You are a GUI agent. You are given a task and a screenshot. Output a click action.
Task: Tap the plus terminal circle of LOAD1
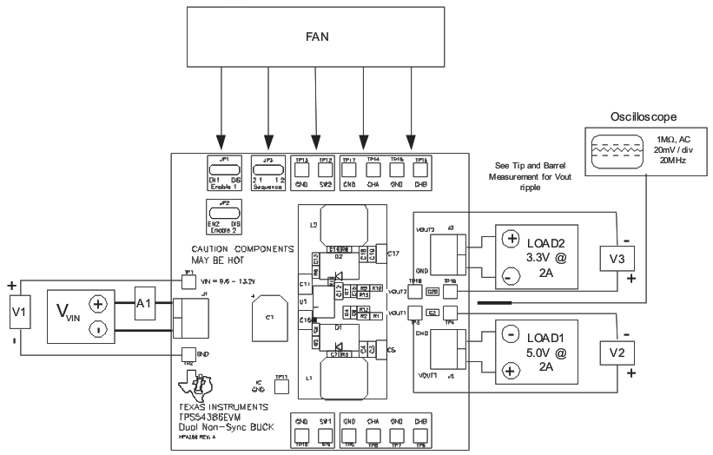tap(512, 371)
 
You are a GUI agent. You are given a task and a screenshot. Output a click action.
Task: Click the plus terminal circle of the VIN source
tap(98, 304)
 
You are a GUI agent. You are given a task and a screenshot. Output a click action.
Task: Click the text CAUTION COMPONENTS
tap(242, 249)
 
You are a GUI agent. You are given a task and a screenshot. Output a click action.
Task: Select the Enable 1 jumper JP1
tap(224, 168)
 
